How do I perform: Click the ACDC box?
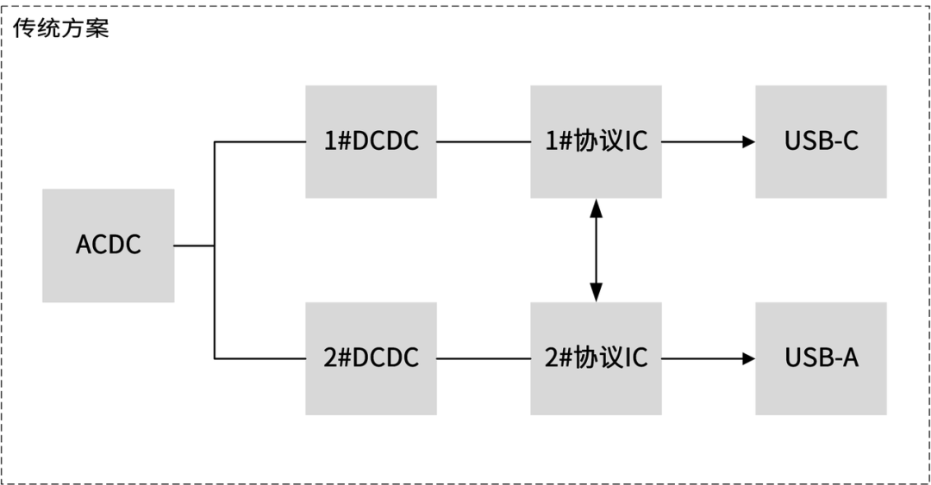pos(108,246)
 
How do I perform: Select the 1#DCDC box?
pos(371,141)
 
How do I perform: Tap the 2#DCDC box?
pos(371,358)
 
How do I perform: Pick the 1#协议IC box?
pos(596,141)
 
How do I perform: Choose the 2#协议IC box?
pos(596,358)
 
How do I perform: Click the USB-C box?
pos(821,141)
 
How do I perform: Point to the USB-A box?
pos(821,358)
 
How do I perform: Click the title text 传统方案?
pos(60,28)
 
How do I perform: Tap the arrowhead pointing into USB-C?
pos(748,141)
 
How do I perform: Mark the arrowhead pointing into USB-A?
pos(748,358)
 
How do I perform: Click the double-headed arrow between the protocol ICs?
pos(596,250)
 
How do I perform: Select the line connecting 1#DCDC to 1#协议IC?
pos(483,141)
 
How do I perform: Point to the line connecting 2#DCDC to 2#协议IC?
pos(483,358)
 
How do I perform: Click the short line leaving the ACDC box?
pos(194,246)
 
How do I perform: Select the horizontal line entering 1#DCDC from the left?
pos(259,141)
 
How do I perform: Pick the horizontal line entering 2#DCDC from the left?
pos(259,358)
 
